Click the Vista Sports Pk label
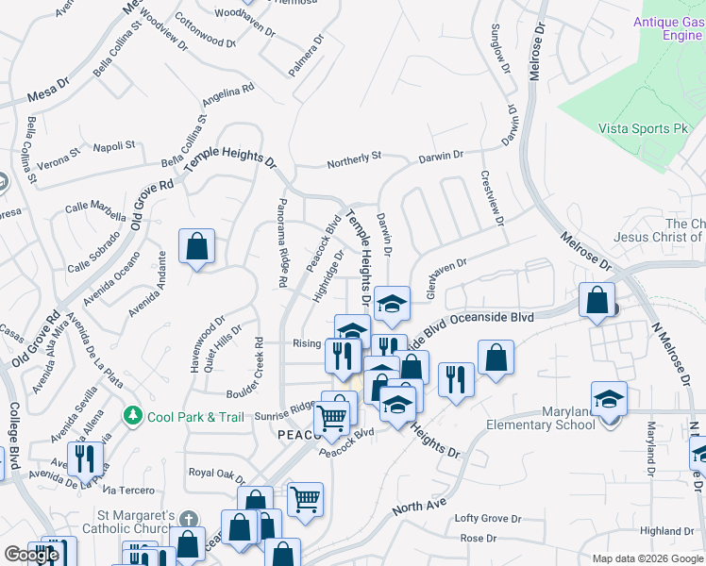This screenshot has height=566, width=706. coord(642,128)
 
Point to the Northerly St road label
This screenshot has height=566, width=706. coord(354,162)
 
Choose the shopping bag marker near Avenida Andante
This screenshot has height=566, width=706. coord(196,246)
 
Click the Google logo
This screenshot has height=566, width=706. coord(31,555)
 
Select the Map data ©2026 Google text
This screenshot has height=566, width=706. coord(647,558)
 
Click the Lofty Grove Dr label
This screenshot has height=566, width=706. coord(488,519)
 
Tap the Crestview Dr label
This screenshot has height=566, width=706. coord(492,199)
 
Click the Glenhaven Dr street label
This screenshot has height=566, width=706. coord(446,279)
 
